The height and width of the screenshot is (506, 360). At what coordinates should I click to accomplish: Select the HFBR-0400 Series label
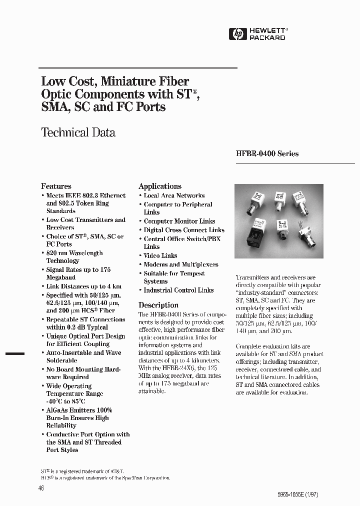[267, 154]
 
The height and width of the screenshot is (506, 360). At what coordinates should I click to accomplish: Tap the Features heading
[56, 186]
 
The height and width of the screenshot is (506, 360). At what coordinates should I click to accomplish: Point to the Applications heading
[160, 186]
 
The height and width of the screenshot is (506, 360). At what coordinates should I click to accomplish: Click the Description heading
[158, 305]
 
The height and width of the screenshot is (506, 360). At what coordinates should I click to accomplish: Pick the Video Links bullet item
[160, 255]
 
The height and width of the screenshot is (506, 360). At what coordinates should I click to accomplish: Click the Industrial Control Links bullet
[178, 290]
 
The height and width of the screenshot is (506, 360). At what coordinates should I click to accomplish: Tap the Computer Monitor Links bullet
[179, 221]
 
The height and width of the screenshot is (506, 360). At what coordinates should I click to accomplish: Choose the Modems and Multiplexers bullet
[180, 264]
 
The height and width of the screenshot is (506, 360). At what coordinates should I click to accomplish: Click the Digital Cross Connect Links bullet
[184, 230]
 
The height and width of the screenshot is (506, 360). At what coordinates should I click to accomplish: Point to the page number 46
[41, 488]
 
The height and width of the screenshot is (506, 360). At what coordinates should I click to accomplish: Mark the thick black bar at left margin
[15, 353]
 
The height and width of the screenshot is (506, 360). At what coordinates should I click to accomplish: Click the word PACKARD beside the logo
[267, 37]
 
